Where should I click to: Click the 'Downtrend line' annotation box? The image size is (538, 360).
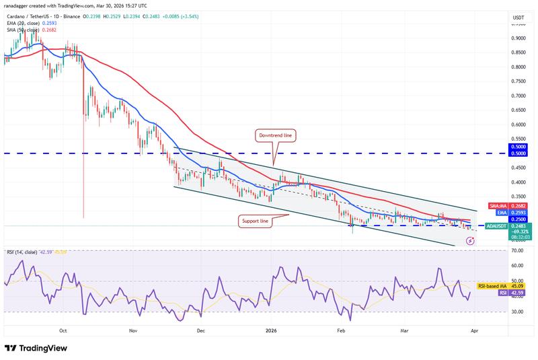point(274,135)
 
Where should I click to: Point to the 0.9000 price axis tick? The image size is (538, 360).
point(518,38)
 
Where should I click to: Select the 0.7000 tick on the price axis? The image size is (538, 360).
point(518,96)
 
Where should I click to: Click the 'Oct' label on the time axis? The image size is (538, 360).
point(63,331)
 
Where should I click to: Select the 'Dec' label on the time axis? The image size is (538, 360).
point(200,331)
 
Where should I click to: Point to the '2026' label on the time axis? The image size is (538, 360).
point(271,331)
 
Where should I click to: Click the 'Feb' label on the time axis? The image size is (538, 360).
point(342,331)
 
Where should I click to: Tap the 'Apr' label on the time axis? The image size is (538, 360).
point(475,331)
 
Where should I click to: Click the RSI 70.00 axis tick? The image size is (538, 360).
point(518,251)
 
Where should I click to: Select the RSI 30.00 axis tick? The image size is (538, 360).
point(518,312)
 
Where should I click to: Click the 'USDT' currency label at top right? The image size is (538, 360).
point(518,17)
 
